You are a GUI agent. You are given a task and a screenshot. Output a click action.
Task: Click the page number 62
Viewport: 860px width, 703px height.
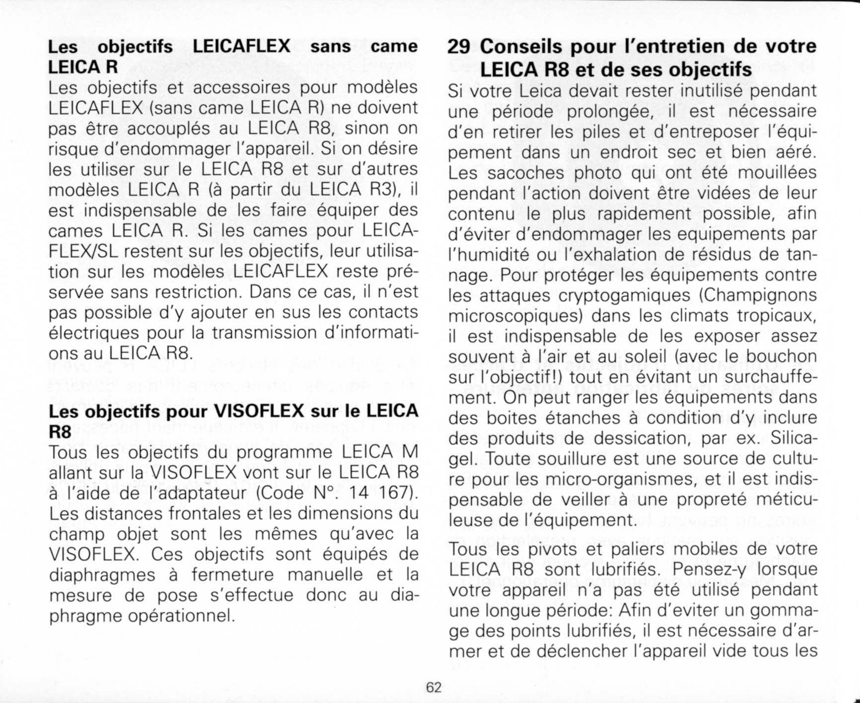coord(433,687)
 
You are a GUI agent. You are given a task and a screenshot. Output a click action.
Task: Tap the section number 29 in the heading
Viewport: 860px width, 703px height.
coord(459,46)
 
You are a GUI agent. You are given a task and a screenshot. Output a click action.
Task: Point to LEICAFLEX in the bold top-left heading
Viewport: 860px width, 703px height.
coord(241,46)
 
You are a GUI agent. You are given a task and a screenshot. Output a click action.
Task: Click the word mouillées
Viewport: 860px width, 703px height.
coord(777,173)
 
